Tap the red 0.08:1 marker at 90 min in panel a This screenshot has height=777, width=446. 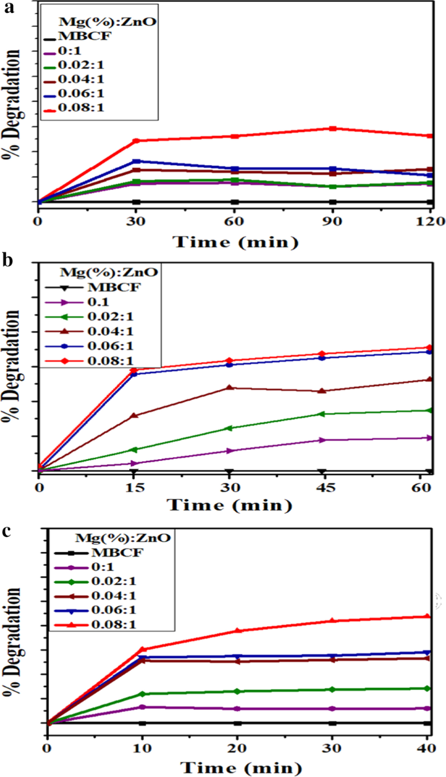(x=333, y=128)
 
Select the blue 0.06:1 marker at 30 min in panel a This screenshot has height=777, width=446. (x=136, y=161)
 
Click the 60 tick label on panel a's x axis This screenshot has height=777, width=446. (x=234, y=221)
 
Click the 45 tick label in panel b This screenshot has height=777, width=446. (x=322, y=487)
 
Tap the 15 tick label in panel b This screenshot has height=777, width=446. (x=133, y=487)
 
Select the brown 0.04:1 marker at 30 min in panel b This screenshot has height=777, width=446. (x=229, y=388)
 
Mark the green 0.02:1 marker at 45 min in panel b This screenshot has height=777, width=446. (x=322, y=414)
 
